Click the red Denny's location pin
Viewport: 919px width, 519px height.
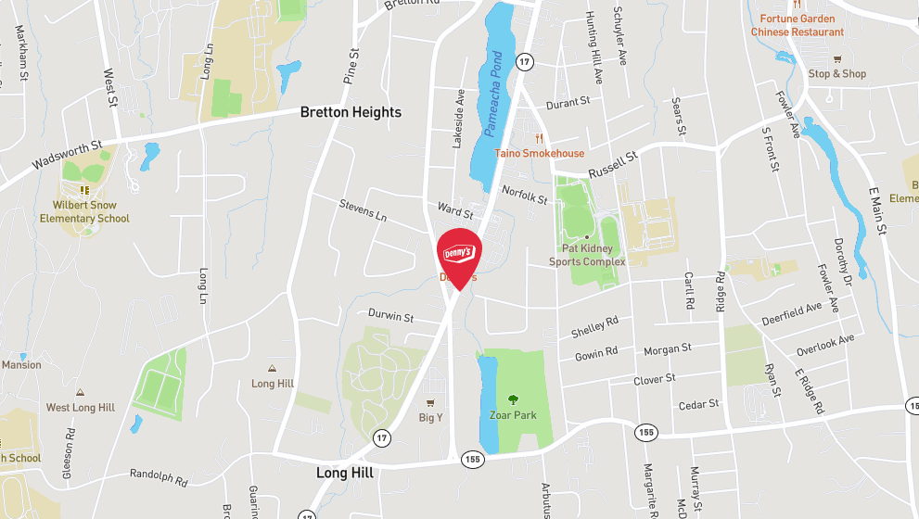(458, 253)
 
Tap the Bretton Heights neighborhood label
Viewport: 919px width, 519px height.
(351, 112)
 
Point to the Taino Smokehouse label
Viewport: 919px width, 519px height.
(539, 153)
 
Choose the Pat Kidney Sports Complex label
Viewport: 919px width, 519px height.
(587, 255)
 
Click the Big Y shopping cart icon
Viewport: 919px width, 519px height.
(429, 403)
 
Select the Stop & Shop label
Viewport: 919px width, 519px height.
(836, 74)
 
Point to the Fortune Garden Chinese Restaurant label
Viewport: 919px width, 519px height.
(797, 25)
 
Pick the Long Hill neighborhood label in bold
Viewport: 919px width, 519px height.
(344, 473)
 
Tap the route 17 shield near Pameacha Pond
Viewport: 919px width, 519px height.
(525, 62)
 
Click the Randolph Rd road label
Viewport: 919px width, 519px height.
(159, 476)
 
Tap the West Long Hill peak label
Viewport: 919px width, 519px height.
(81, 408)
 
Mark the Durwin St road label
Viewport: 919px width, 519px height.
(390, 316)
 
